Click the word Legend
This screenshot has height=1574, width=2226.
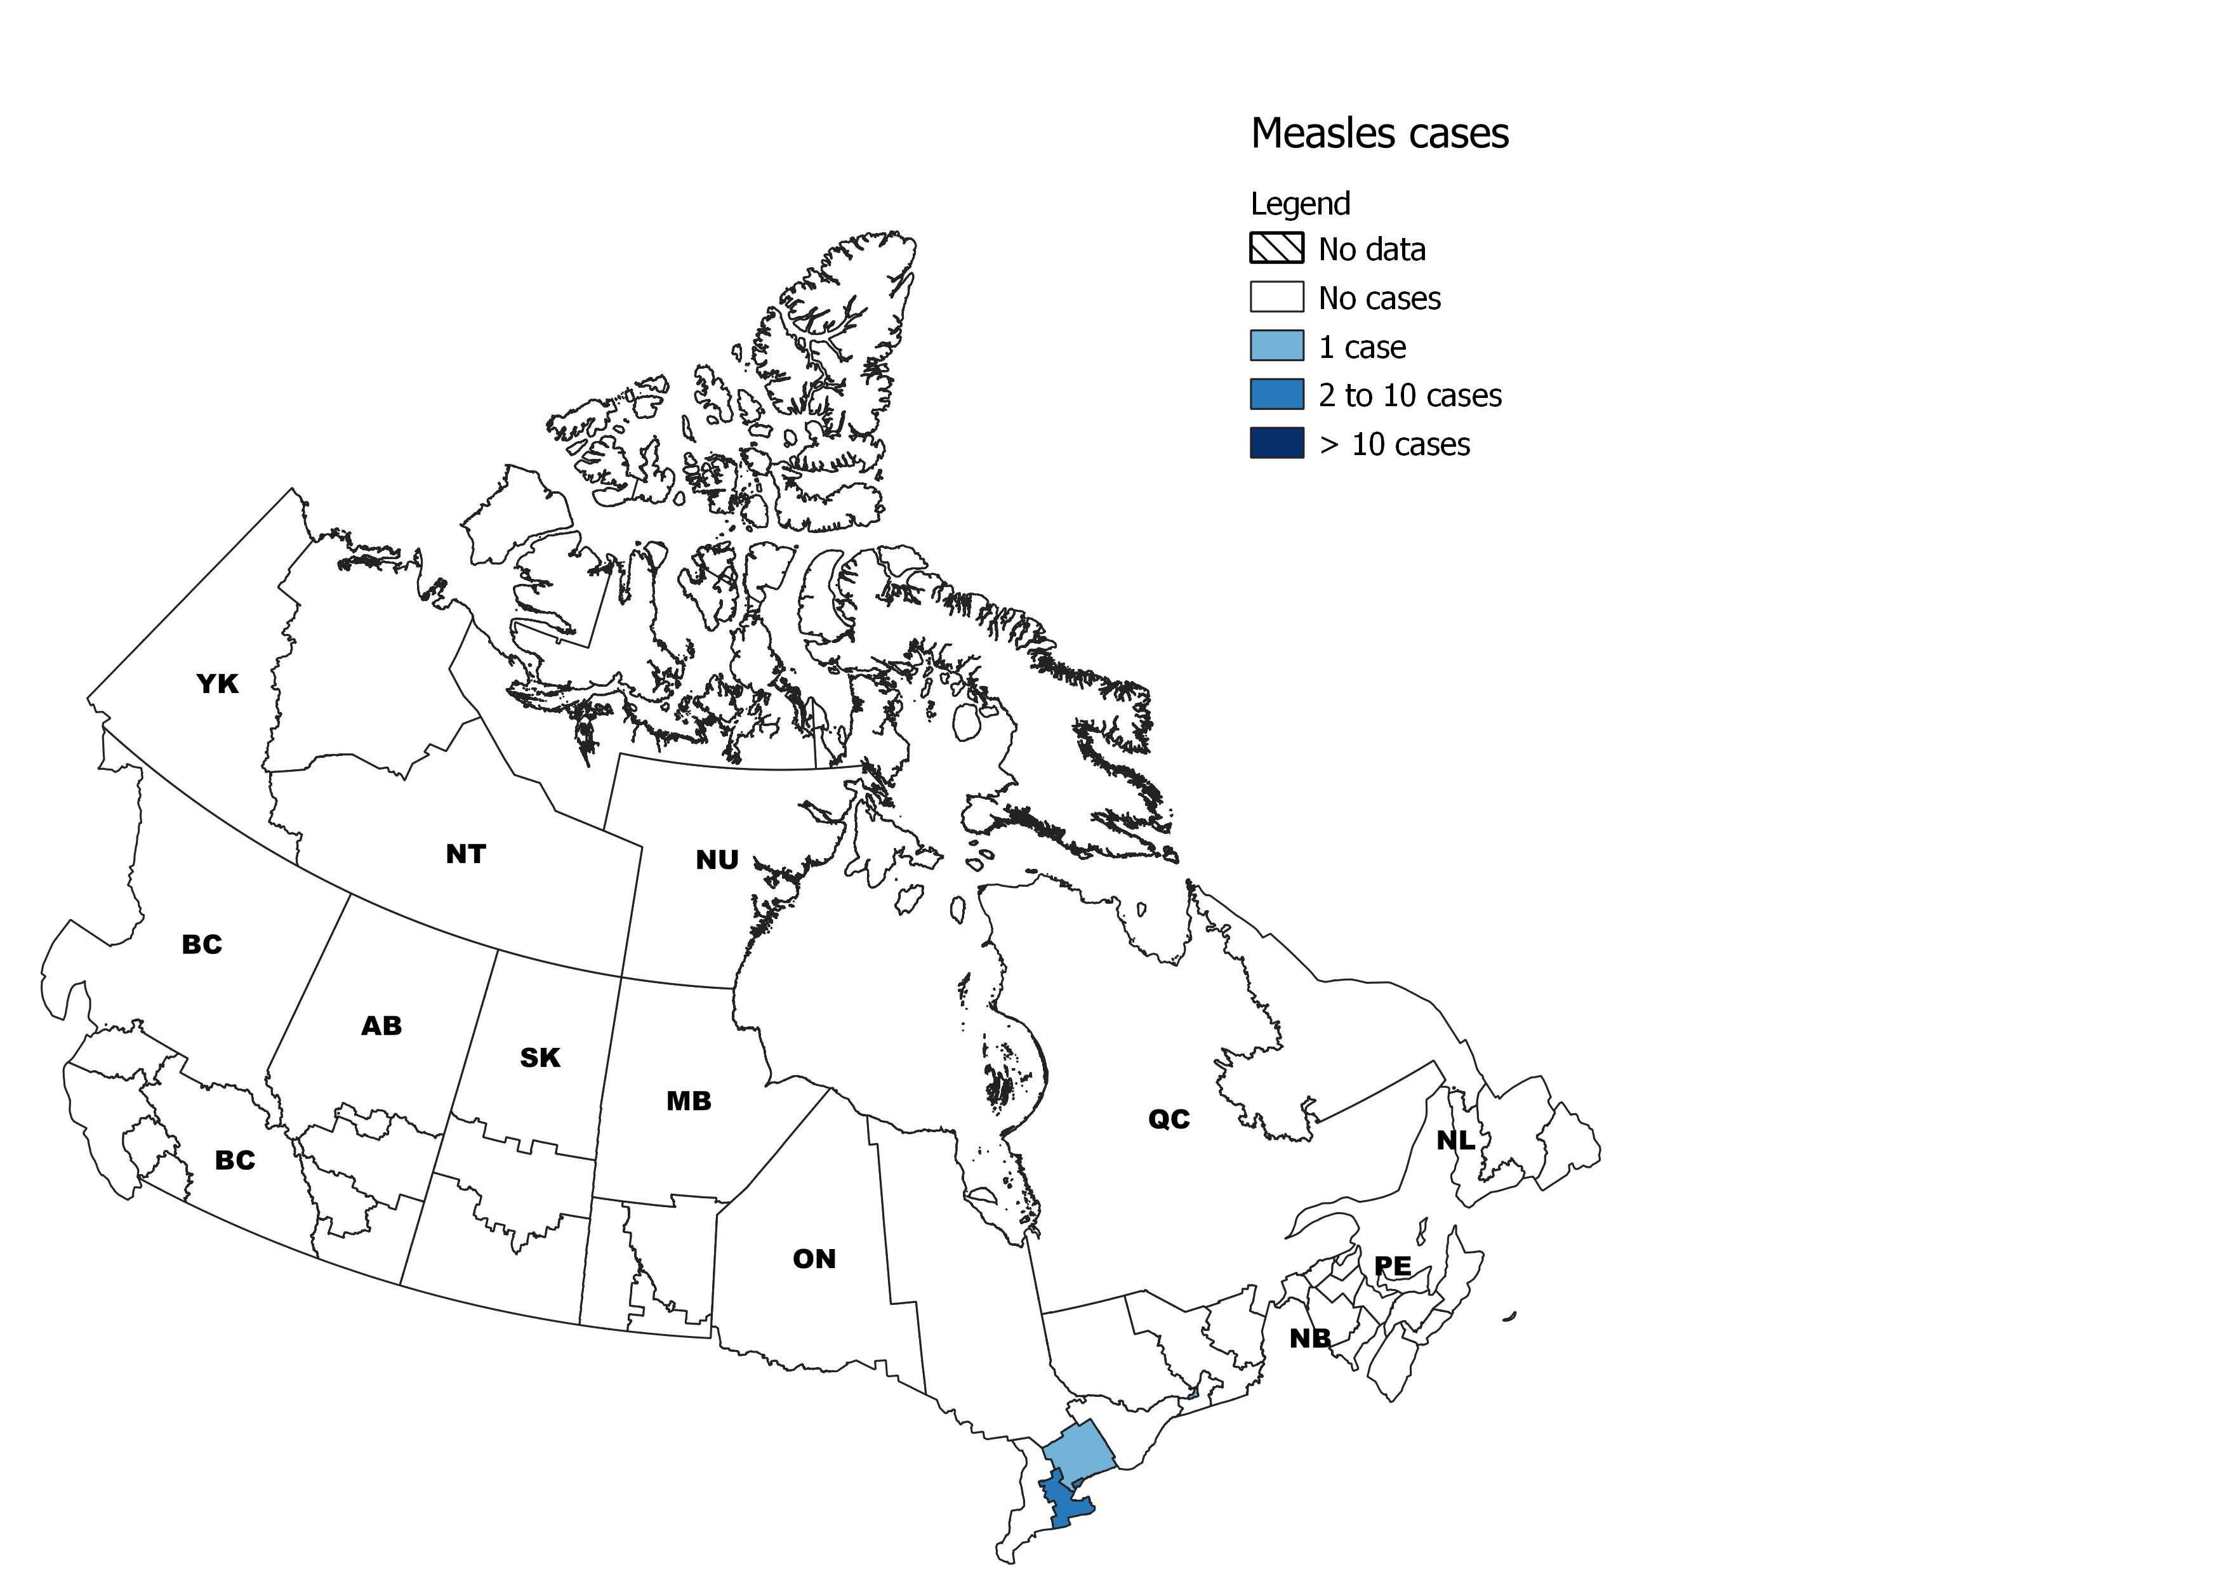pos(1299,204)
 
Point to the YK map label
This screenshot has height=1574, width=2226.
pos(217,684)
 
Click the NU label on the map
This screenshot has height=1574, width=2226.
pos(717,861)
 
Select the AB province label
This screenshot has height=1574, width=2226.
pos(381,1026)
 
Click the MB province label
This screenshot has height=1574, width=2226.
pos(688,1102)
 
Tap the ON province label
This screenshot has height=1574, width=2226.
pos(814,1260)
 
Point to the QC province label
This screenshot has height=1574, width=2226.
pos(1169,1120)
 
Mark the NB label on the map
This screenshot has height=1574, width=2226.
pos(1310,1339)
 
